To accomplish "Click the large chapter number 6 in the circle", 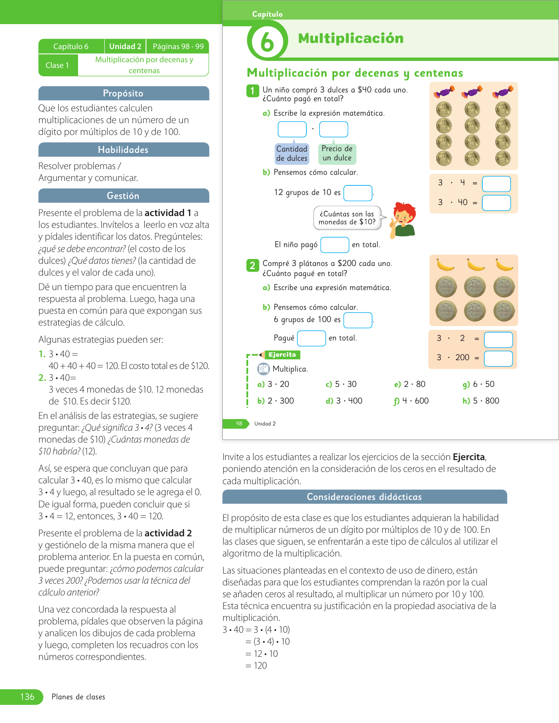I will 267,42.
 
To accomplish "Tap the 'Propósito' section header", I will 123,93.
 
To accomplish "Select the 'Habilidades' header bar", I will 123,150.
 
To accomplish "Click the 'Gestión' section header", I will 123,196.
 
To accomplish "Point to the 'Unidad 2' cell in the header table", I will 125,46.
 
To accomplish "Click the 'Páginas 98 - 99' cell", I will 178,46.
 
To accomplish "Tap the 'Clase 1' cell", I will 57,65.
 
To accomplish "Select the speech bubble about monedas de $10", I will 347,218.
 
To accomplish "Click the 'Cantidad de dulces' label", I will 292,154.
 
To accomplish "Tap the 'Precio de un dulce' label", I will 337,154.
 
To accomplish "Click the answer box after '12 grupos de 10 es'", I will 358,193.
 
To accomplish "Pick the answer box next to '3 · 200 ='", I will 498,358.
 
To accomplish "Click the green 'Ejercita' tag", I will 282,355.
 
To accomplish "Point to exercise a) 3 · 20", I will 273,384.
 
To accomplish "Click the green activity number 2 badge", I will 253,265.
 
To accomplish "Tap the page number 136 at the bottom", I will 27,697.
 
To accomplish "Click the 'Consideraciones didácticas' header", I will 364,497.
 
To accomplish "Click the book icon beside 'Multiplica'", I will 263,369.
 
